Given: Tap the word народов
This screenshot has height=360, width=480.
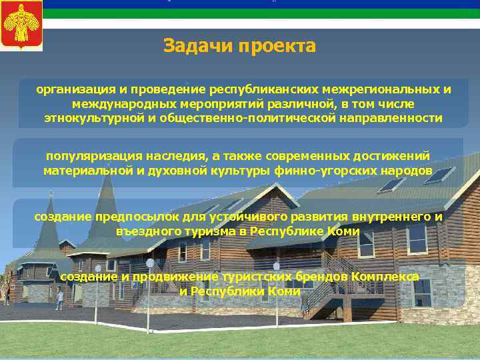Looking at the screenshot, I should coord(407,170).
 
